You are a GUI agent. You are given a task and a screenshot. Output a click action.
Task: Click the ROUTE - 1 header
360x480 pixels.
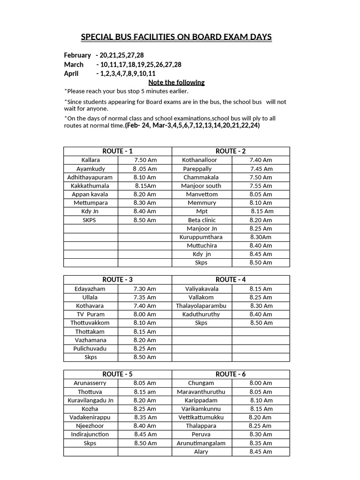(118, 151)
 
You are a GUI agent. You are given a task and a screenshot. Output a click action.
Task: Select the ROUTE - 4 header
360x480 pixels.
(231, 280)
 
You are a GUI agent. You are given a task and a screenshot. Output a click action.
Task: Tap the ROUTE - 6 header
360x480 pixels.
(231, 374)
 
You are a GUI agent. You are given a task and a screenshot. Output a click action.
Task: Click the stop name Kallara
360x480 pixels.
(90, 160)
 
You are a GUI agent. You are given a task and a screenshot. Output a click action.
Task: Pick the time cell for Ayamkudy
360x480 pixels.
(144, 169)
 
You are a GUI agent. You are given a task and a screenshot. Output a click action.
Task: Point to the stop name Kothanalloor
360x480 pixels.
(199, 160)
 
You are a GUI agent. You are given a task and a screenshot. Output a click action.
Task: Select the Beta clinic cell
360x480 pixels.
(202, 220)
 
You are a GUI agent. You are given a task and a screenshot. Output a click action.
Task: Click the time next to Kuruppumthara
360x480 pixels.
(261, 237)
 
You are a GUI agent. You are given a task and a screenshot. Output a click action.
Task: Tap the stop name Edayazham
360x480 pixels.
(90, 289)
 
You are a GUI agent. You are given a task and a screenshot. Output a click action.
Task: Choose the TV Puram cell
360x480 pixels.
(90, 314)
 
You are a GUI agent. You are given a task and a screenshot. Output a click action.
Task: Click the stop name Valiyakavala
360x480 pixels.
(202, 289)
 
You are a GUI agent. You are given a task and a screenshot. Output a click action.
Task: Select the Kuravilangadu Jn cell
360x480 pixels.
(90, 400)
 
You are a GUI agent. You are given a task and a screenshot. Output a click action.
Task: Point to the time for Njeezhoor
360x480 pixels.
(145, 426)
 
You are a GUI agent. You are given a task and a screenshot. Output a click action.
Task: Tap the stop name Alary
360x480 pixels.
(201, 452)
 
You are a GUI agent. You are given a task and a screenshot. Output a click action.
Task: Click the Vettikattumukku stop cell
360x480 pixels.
(201, 417)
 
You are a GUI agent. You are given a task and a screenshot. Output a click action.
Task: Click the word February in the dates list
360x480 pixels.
(77, 55)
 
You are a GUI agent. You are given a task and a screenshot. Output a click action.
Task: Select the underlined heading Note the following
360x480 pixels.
(173, 82)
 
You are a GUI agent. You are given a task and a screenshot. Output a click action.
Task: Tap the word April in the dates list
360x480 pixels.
(72, 74)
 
